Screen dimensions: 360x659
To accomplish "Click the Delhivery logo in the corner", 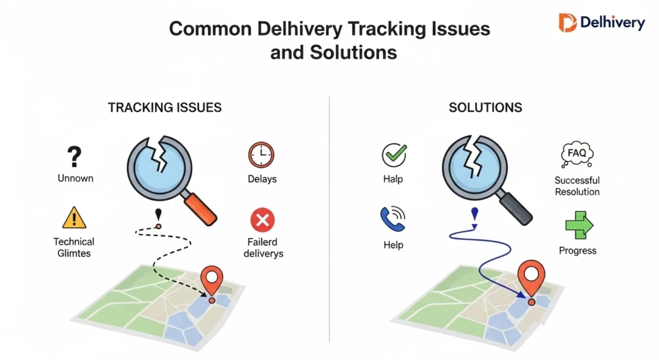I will [601, 23].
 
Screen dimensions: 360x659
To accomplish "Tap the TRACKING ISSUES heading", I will [165, 108].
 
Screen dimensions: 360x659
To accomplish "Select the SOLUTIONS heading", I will [485, 108].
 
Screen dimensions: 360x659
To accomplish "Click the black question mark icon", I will [74, 156].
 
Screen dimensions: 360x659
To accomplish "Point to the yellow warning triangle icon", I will [74, 218].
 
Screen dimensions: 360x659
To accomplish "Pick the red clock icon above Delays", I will [261, 155].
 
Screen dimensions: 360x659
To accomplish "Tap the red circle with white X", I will [262, 221].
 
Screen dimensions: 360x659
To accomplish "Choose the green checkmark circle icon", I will [393, 155].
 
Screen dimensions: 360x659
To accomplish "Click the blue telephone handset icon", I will [393, 220].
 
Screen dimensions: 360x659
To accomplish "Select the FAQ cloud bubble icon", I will [577, 155].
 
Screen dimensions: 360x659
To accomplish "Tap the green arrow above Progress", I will [579, 225].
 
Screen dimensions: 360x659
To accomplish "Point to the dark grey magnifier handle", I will [517, 207].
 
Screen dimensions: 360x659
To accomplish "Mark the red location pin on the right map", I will [531, 276].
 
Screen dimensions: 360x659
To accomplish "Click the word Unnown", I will [75, 178].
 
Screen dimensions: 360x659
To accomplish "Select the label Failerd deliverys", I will [264, 248].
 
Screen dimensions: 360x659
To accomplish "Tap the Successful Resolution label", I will [577, 186].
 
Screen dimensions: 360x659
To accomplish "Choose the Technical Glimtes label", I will [73, 247].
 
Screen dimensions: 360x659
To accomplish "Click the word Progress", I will [577, 251].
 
